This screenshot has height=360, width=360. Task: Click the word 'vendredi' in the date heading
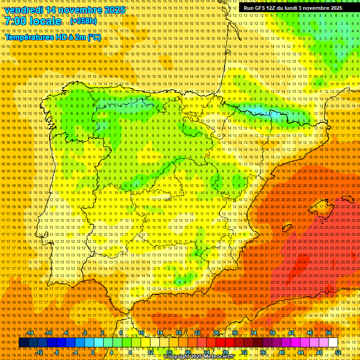24,10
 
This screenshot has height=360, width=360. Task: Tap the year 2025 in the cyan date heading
114,10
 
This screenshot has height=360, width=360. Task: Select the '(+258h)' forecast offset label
84,21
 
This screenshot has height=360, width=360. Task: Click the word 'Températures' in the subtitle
29,37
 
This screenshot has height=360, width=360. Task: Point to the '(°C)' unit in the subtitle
94,37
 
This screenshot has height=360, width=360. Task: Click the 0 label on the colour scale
93,352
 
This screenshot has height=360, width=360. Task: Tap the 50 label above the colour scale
329,333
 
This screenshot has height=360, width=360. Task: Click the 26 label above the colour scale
216,333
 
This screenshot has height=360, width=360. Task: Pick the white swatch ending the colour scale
333,343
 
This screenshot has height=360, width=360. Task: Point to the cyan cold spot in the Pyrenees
273,113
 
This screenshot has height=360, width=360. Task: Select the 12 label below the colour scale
150,352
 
